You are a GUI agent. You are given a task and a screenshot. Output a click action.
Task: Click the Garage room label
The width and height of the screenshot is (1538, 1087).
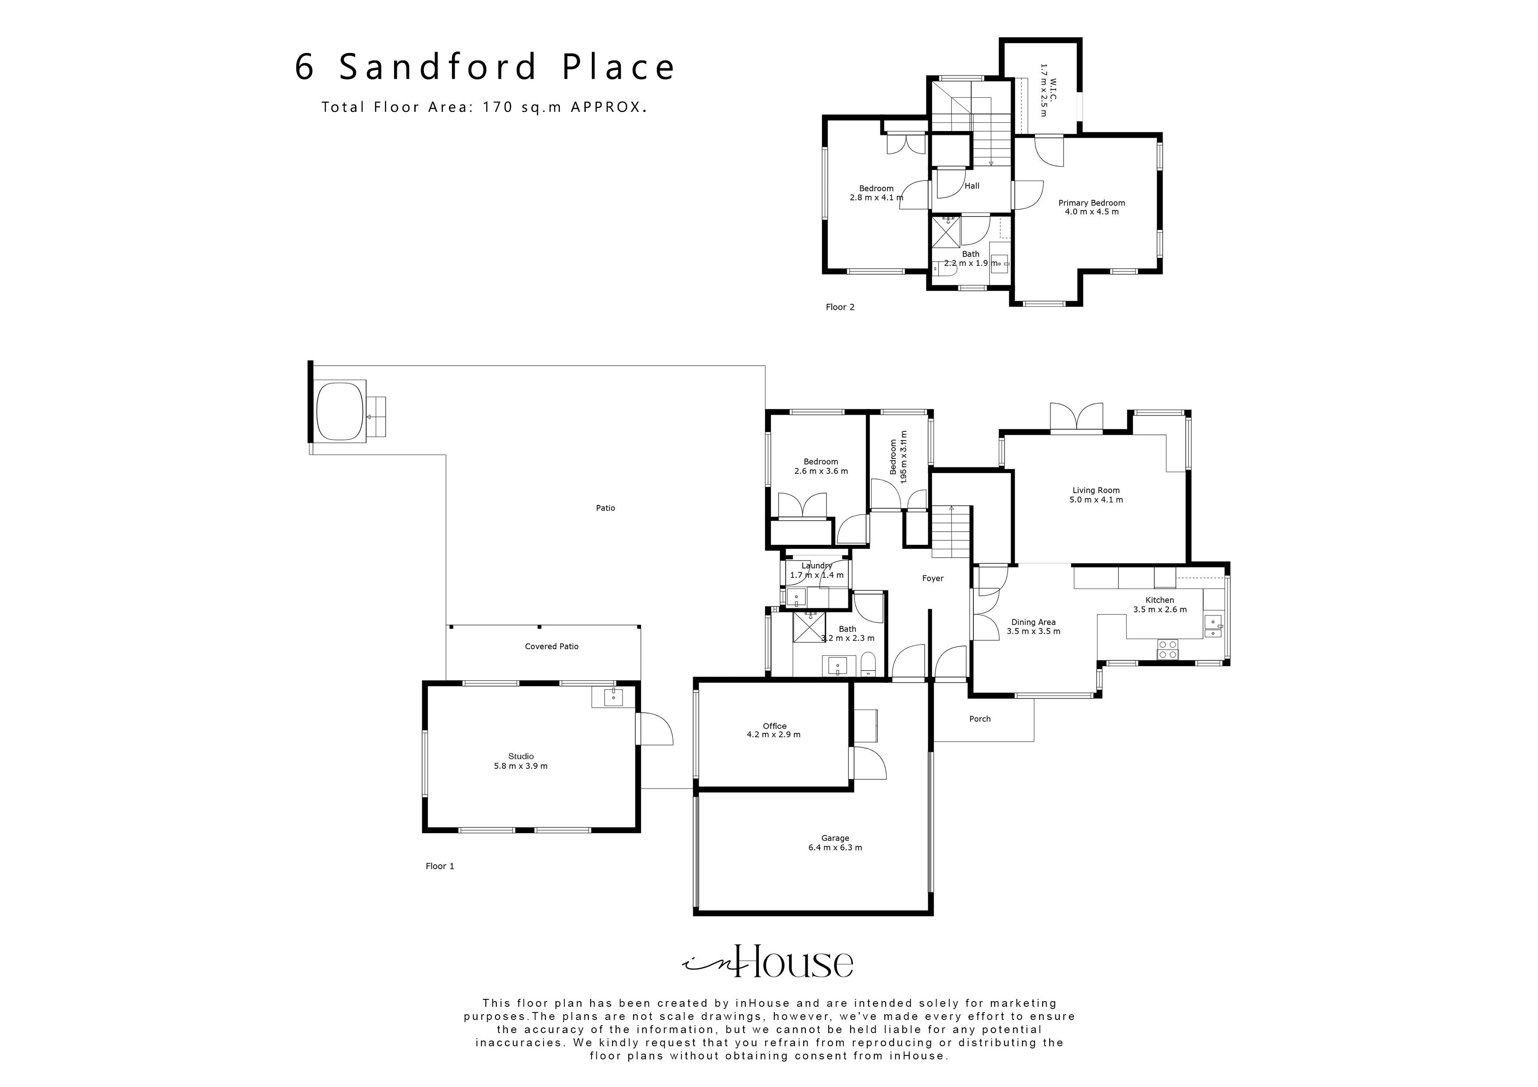[x=835, y=838]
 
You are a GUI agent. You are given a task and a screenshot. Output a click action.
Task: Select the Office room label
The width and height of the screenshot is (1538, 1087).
[x=774, y=726]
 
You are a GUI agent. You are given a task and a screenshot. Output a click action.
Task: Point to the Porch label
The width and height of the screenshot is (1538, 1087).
[x=979, y=719]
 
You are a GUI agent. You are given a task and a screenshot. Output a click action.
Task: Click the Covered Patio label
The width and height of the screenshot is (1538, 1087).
[x=551, y=647]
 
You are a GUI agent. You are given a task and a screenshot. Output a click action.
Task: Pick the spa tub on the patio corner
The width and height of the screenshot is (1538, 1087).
[x=340, y=410]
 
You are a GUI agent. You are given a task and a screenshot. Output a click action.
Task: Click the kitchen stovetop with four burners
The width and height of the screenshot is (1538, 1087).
[x=1168, y=649]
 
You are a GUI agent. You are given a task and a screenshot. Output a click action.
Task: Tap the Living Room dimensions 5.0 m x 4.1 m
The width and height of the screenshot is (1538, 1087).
[x=1096, y=500]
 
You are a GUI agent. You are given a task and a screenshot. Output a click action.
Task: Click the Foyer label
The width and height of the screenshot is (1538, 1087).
[x=933, y=578]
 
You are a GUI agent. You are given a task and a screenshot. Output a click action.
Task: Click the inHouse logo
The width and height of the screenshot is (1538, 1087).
[x=768, y=963]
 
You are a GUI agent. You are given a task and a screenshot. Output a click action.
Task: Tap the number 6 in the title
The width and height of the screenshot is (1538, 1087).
[x=305, y=67]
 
